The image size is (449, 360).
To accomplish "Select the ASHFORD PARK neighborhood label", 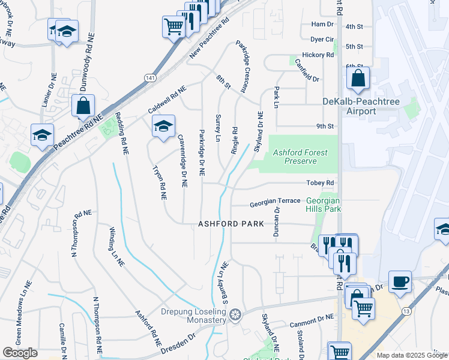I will tap(231, 224).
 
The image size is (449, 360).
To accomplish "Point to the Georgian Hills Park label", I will tap(324, 205).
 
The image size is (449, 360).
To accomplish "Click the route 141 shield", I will tap(149, 78).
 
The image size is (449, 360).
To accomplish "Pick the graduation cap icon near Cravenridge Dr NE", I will tap(163, 126).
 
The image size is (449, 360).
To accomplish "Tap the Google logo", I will tap(20, 353).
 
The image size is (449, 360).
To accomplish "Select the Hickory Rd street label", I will tap(318, 55).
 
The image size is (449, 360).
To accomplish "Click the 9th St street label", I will tap(325, 126).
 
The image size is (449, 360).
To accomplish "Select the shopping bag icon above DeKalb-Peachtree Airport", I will tap(358, 78).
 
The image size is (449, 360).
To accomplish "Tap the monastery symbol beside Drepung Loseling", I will tap(235, 314).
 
